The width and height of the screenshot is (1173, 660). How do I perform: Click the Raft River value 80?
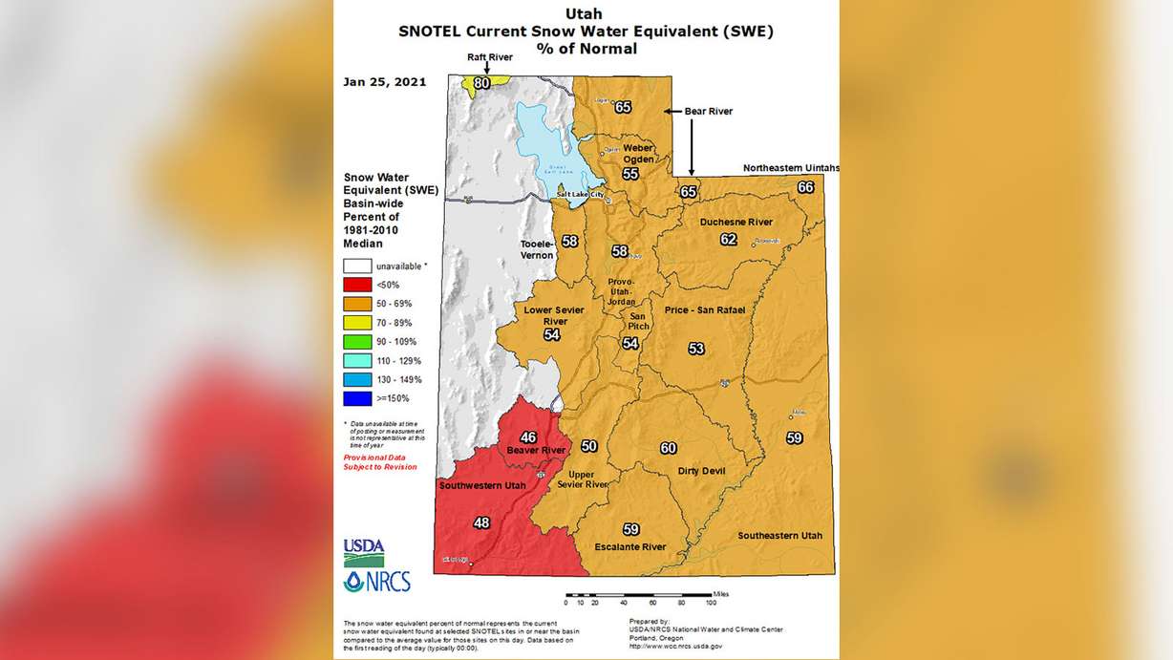click(482, 83)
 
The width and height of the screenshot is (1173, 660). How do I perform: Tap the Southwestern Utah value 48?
click(481, 522)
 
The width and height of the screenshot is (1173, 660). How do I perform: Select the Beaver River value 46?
click(528, 437)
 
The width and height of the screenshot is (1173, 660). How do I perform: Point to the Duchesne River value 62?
click(729, 239)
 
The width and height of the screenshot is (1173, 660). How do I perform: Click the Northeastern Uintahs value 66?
click(806, 187)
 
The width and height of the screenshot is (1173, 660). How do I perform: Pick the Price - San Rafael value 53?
click(696, 349)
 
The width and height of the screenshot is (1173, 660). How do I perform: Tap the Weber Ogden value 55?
click(630, 174)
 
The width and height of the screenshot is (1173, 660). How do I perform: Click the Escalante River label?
click(629, 547)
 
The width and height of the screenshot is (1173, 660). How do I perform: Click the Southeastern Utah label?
click(779, 536)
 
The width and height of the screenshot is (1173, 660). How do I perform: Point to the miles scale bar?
click(638, 594)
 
